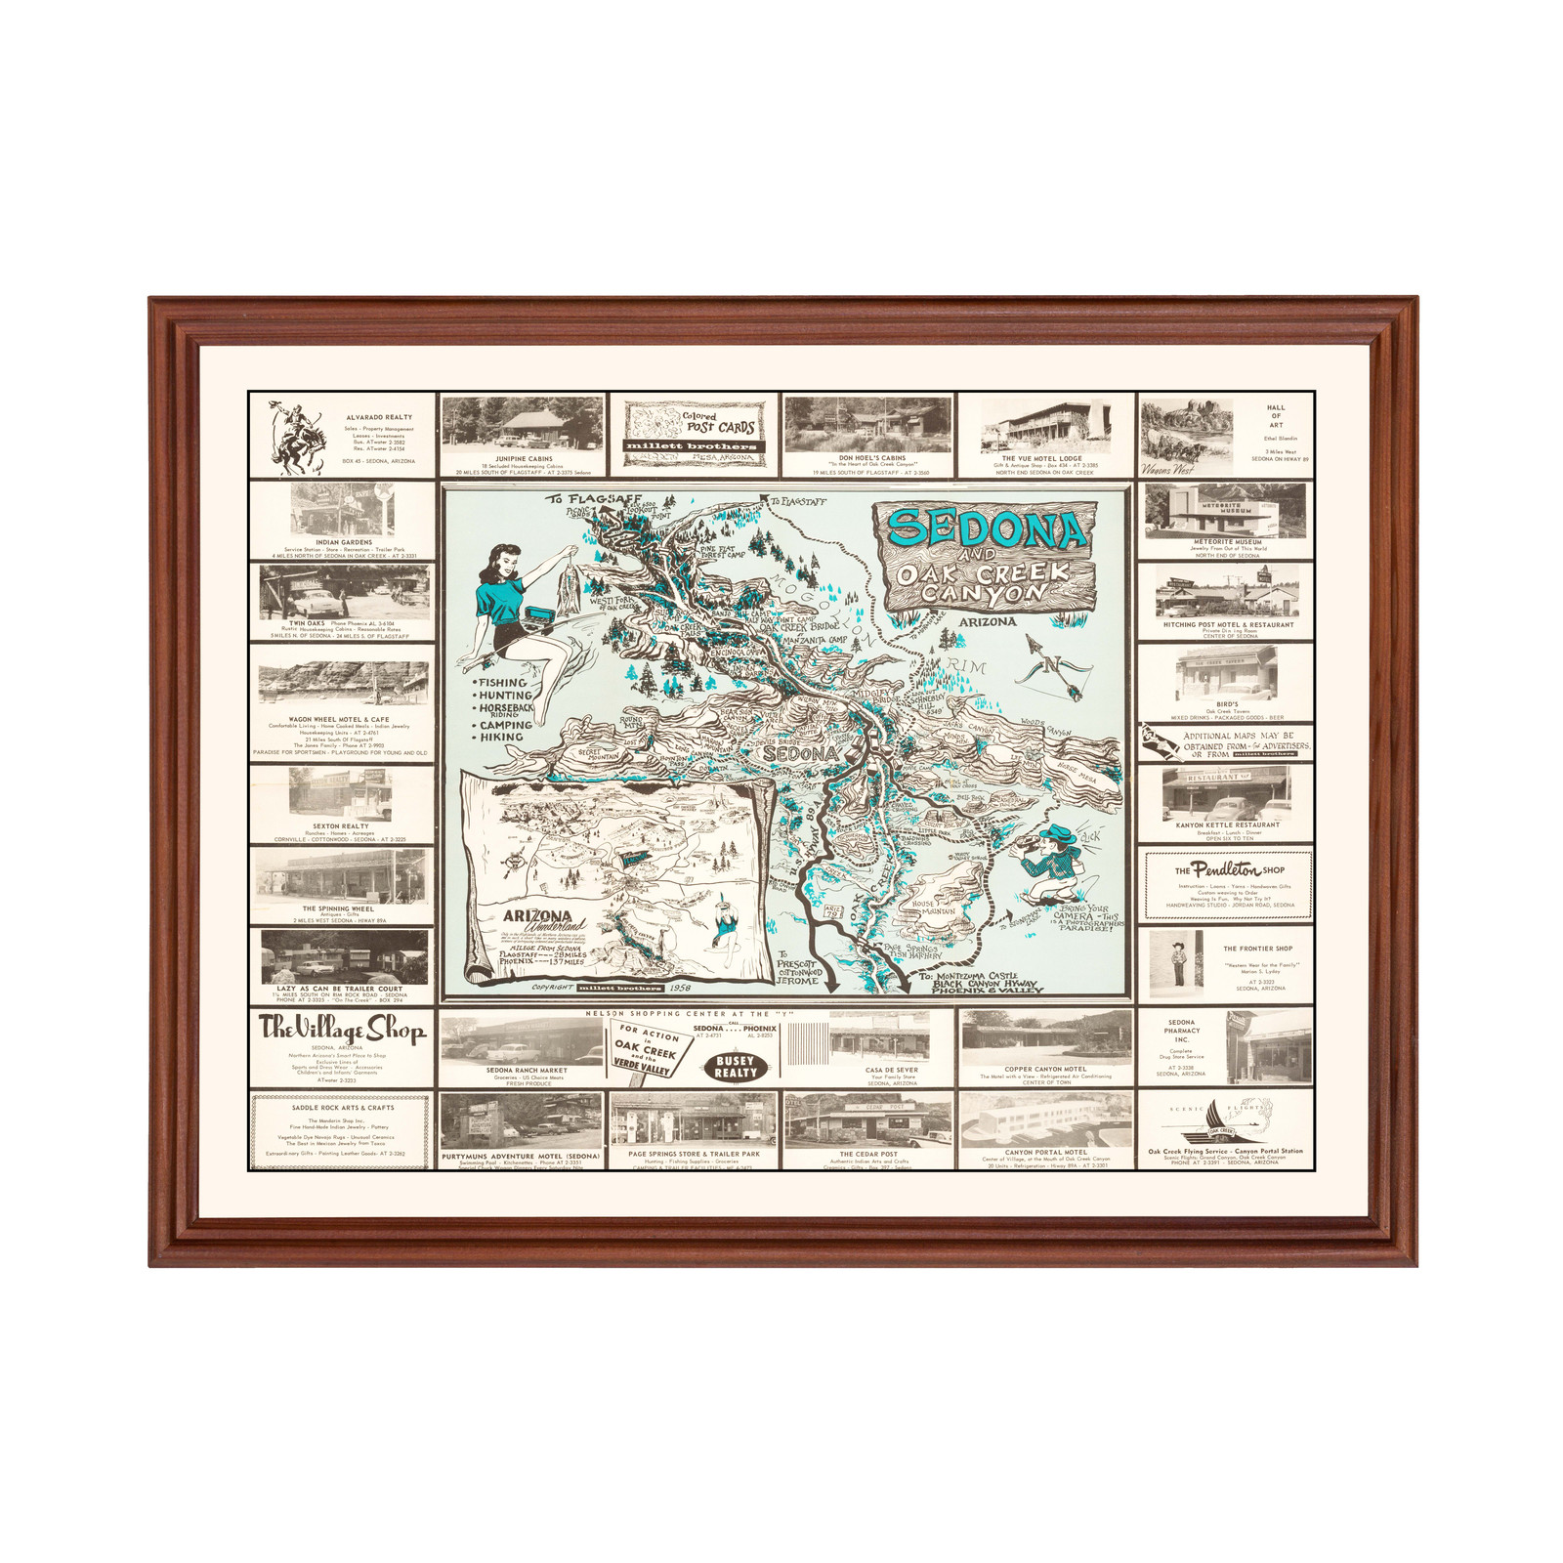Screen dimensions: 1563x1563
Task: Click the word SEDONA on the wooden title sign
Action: [987, 528]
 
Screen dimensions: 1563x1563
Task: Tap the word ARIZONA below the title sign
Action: [987, 621]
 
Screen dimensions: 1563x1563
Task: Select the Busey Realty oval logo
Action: [736, 1067]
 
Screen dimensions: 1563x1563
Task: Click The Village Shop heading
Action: [342, 1029]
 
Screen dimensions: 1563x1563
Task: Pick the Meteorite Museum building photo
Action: [1225, 510]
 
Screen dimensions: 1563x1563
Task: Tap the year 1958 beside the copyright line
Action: [674, 988]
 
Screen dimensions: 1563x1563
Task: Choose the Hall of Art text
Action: [1276, 416]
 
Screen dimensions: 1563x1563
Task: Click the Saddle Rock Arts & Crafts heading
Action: [342, 1108]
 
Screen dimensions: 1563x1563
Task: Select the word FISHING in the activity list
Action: [503, 683]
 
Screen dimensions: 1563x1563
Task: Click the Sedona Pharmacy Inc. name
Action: [1181, 1031]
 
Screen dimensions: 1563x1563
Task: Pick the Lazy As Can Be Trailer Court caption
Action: [340, 989]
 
